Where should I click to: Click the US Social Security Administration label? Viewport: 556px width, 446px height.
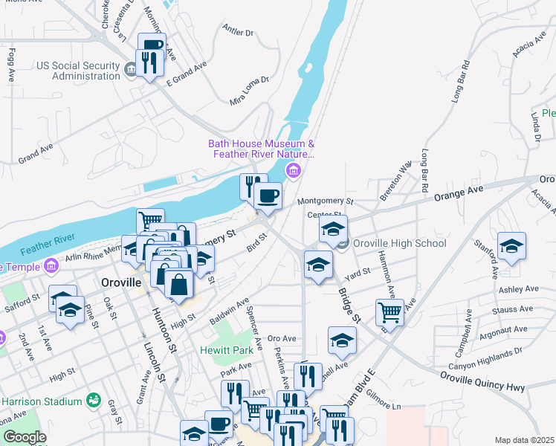point(78,71)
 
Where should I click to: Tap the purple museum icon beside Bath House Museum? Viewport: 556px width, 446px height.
point(294,172)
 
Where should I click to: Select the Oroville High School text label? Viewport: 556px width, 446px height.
point(400,243)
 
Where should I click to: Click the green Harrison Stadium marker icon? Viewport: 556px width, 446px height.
point(93,401)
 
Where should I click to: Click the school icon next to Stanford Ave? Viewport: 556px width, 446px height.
point(511,246)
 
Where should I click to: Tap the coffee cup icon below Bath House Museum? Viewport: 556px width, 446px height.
point(268,196)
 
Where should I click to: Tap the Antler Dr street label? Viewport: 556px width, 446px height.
point(238,31)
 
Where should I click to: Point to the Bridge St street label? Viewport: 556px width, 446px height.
point(349,306)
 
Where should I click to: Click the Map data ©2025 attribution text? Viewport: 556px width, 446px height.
point(524,440)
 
